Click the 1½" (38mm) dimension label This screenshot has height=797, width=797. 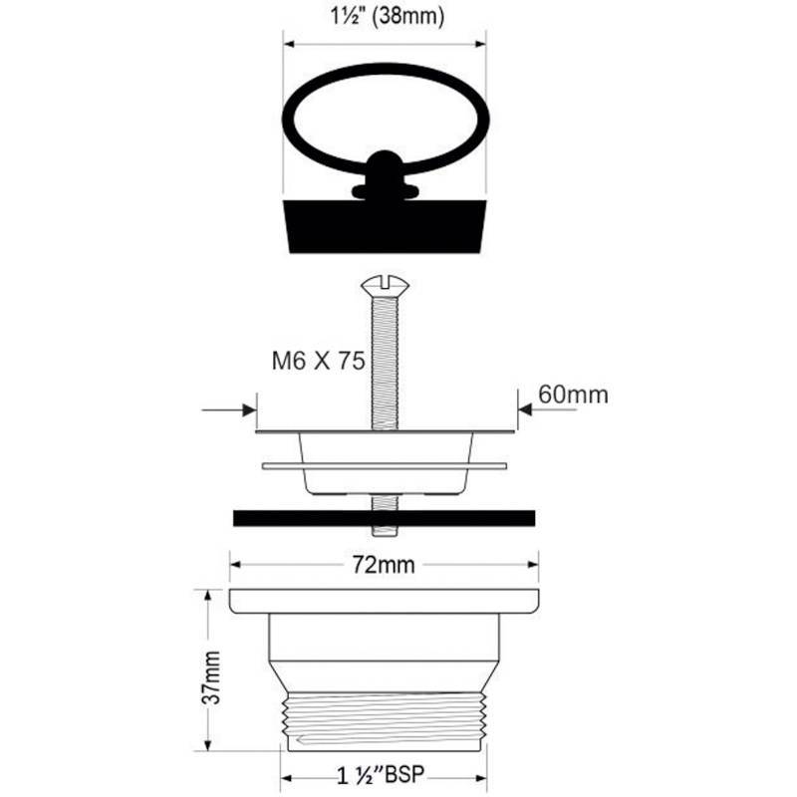point(388,16)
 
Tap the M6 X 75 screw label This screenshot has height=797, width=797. point(319,361)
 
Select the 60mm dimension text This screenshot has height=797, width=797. point(574,395)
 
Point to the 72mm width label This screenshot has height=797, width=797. point(384,565)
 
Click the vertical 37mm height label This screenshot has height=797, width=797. point(211,677)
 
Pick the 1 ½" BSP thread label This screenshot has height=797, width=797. point(381,775)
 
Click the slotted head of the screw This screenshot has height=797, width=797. point(386,285)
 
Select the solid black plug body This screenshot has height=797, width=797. point(385,226)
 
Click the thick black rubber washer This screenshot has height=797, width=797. point(384,518)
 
